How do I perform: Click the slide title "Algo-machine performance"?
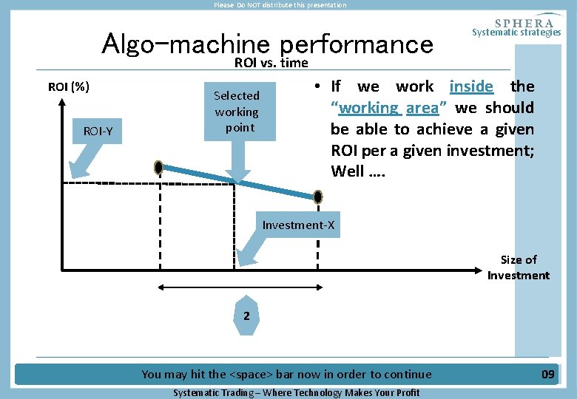tap(267, 44)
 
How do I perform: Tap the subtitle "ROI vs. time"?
tap(271, 63)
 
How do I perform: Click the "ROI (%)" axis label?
tap(69, 87)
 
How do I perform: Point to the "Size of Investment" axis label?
tap(518, 267)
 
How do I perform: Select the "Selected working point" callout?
tap(236, 112)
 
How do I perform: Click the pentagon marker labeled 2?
tap(247, 315)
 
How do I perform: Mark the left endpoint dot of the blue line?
tap(158, 168)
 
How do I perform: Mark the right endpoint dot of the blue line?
tap(318, 197)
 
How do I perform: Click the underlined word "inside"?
tap(471, 86)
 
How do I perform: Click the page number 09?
tap(547, 375)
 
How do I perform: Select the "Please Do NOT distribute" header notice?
tap(280, 5)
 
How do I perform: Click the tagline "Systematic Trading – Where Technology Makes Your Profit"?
tap(296, 392)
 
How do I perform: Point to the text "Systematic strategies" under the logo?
tap(516, 32)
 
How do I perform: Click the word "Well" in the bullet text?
tap(348, 172)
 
